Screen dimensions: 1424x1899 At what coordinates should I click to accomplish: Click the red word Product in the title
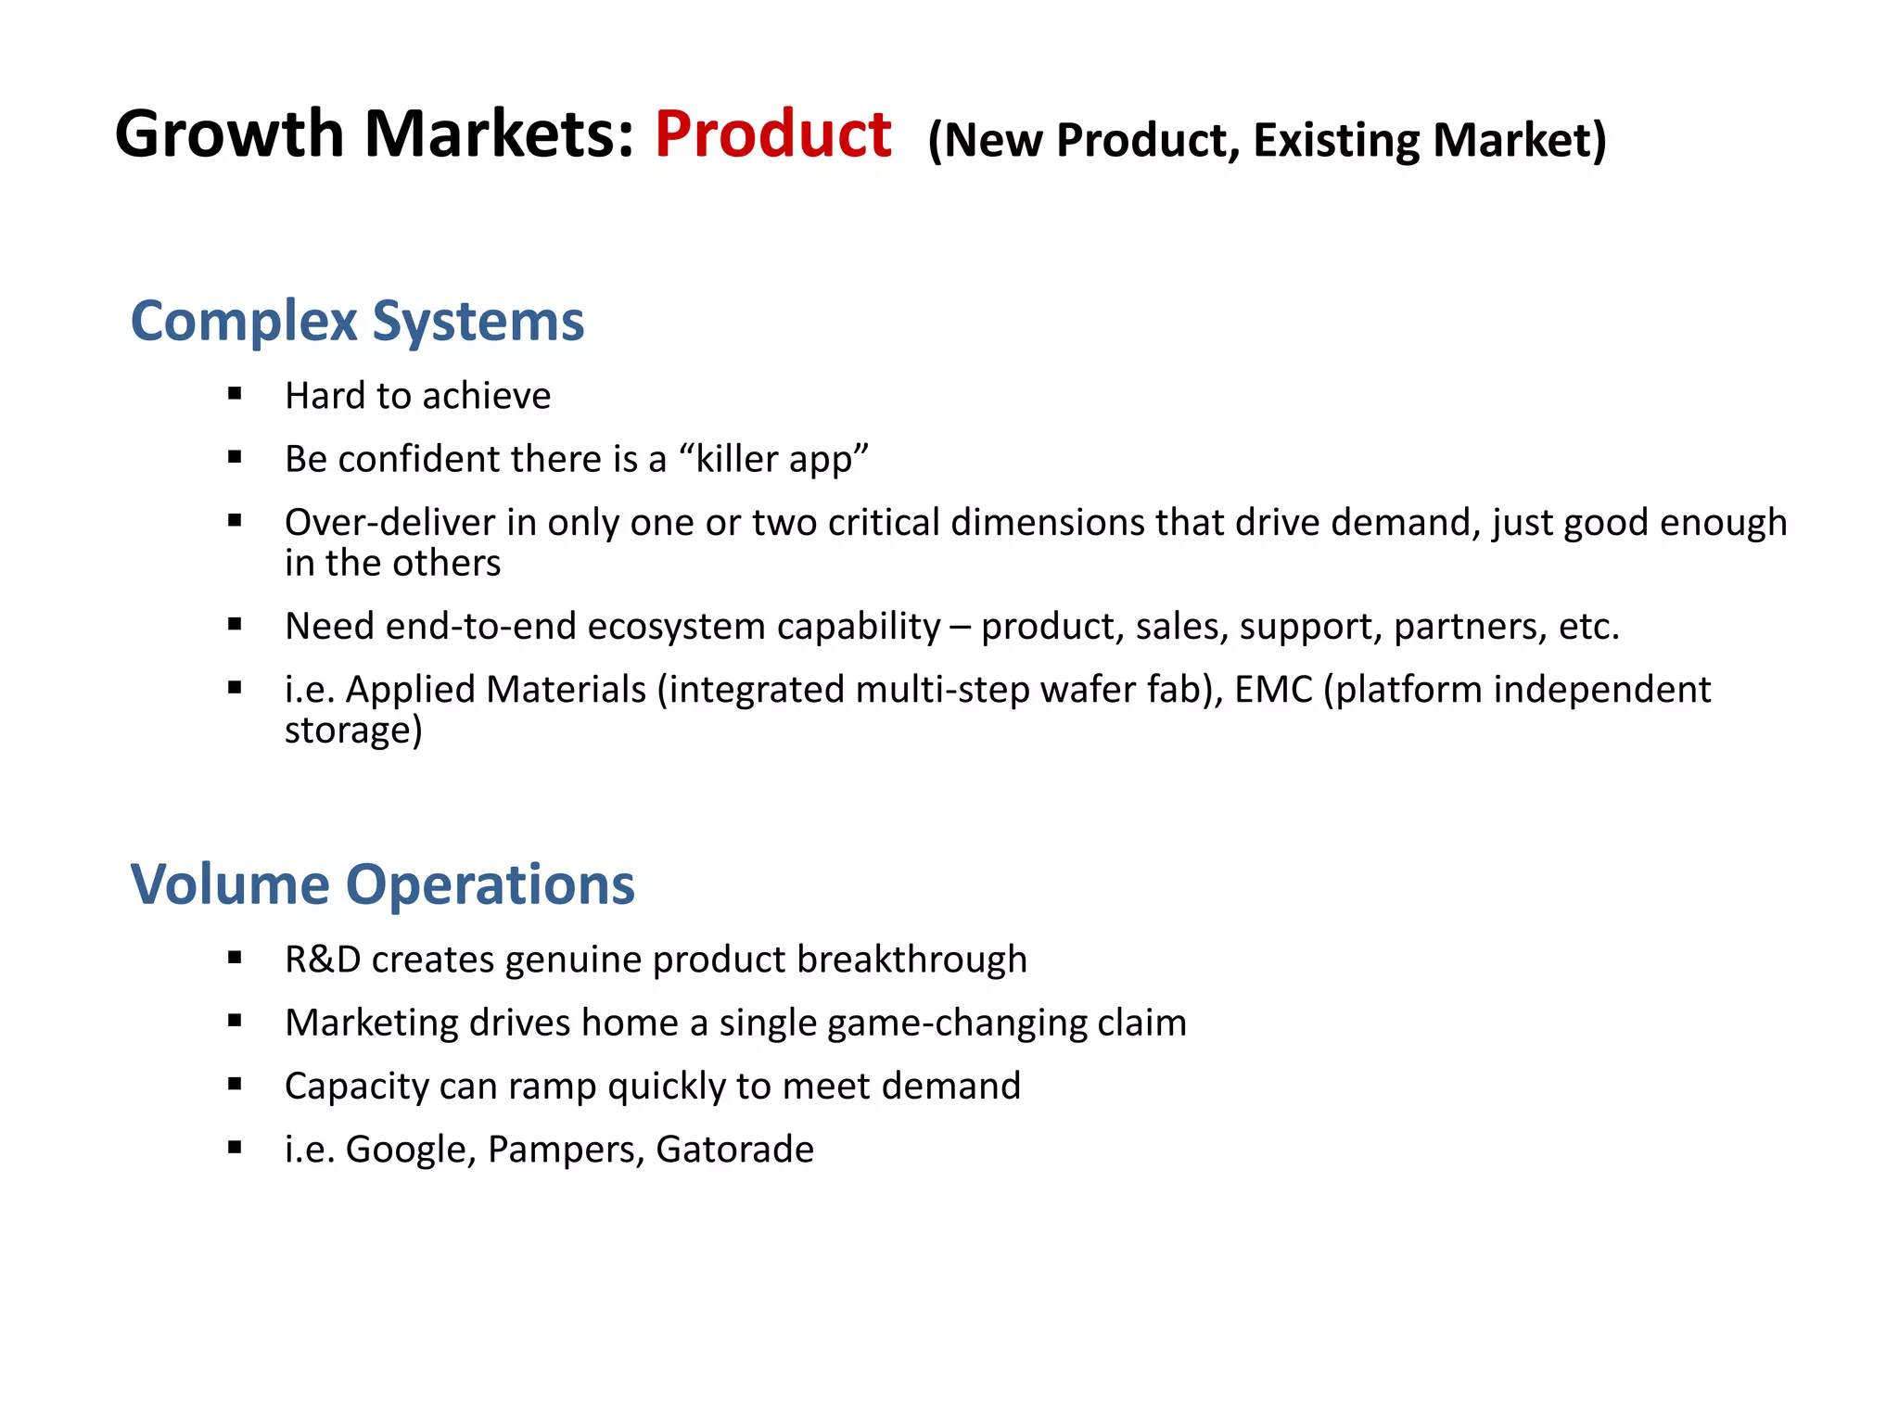coord(772,135)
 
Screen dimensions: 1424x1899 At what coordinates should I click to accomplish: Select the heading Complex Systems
coord(357,322)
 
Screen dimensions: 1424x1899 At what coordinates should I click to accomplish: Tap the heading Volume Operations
coord(382,884)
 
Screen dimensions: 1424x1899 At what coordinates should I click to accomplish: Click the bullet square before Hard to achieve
coord(235,394)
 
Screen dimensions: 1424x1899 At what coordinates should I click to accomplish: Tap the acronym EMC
coord(1273,690)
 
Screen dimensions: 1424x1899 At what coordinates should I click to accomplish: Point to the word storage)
coord(353,731)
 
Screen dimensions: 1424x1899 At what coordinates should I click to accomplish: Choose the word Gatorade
coord(734,1150)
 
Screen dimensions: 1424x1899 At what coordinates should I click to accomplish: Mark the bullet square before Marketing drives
coord(235,1022)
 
